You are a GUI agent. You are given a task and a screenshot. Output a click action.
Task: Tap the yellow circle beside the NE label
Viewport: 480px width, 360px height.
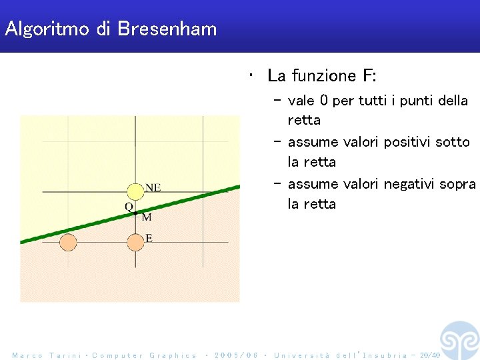coord(135,192)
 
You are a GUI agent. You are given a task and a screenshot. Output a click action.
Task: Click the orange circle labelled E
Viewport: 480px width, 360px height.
coord(135,242)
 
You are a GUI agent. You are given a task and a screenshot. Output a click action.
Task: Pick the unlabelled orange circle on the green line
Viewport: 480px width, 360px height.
coord(67,242)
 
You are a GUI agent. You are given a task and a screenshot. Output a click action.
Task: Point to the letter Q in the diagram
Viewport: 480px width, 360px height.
coord(129,207)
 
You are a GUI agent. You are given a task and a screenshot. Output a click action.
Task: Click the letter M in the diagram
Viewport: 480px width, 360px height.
coord(147,217)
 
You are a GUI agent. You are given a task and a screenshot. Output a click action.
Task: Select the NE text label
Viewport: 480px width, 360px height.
coord(153,188)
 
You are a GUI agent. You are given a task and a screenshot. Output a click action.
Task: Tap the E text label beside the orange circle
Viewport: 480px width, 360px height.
coord(148,238)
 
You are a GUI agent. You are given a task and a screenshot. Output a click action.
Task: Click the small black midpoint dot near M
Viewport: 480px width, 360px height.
coord(135,213)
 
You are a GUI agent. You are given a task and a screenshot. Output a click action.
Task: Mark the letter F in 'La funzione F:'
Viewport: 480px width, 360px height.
coord(368,76)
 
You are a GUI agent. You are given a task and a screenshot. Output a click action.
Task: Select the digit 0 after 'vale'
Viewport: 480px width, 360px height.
coord(324,101)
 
